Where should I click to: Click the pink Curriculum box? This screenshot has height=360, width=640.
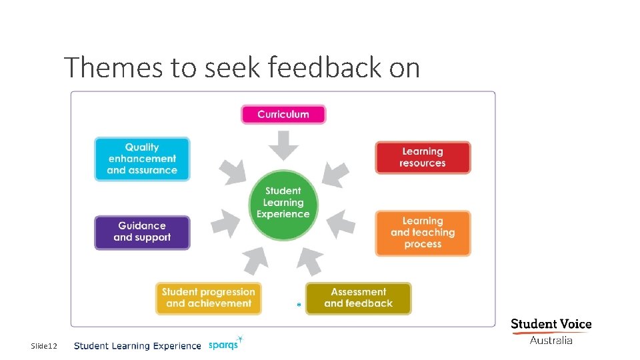pyautogui.click(x=283, y=114)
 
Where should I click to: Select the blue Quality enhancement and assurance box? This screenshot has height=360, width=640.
pyautogui.click(x=142, y=159)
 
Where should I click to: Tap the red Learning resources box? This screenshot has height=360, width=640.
pyautogui.click(x=423, y=157)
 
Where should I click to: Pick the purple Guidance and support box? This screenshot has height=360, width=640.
pyautogui.click(x=142, y=232)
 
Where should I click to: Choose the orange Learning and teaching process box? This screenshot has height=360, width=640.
pyautogui.click(x=423, y=233)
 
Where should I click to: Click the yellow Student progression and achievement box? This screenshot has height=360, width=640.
pyautogui.click(x=209, y=298)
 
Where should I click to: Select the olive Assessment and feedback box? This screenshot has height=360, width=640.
pyautogui.click(x=359, y=298)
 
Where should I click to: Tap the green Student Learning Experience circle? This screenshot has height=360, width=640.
pyautogui.click(x=283, y=203)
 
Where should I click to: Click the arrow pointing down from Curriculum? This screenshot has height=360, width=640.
pyautogui.click(x=283, y=145)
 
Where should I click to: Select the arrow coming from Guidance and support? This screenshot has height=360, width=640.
pyautogui.click(x=227, y=223)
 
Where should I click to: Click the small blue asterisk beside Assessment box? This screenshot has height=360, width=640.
pyautogui.click(x=299, y=305)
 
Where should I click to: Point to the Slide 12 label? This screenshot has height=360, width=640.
pyautogui.click(x=44, y=346)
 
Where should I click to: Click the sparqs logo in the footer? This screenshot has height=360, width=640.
pyautogui.click(x=225, y=344)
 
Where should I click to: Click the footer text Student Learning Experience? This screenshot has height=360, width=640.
pyautogui.click(x=137, y=346)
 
